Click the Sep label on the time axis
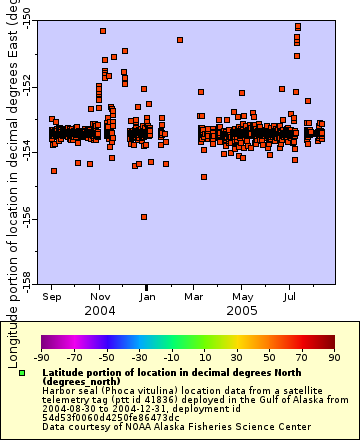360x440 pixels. tap(53, 296)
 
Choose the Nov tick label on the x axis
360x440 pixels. tap(101, 296)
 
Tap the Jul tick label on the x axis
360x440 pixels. tap(290, 296)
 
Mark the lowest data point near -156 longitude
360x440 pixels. tap(144, 216)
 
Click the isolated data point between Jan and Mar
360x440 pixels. tap(180, 40)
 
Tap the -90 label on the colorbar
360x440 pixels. tap(42, 355)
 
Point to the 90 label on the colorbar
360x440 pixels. tap(332, 355)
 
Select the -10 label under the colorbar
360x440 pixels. tap(171, 355)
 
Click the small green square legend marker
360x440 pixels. tap(22, 373)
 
